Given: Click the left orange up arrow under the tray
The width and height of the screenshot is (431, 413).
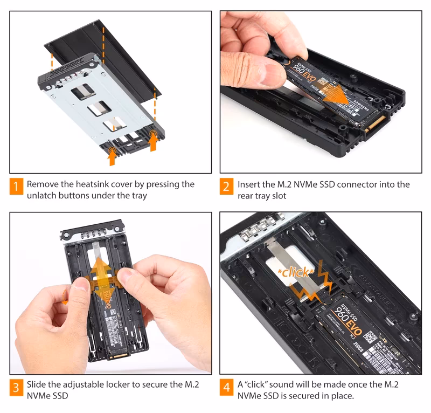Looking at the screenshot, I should pos(112,156).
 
